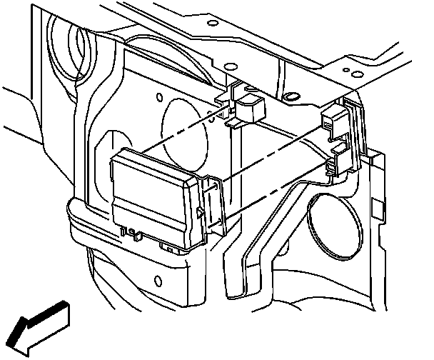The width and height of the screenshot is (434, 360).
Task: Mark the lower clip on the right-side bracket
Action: tap(335, 167)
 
